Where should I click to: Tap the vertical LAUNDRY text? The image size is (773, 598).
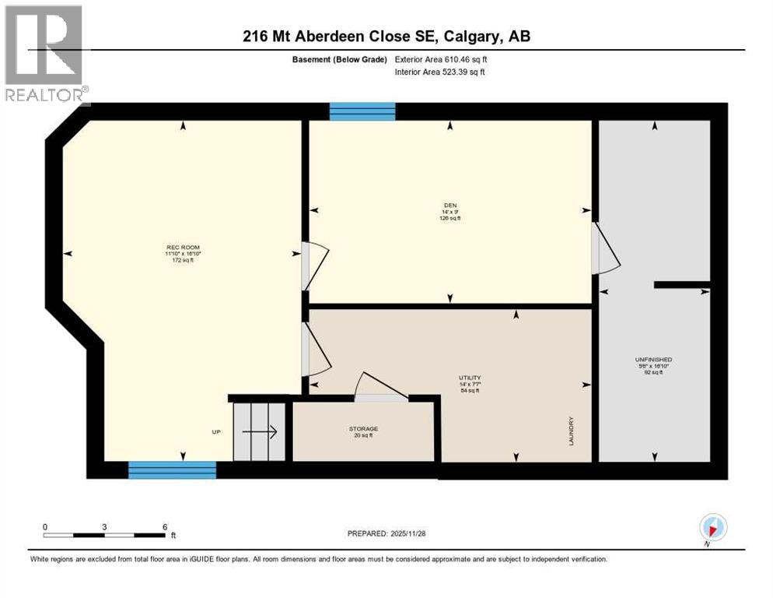[x=571, y=430]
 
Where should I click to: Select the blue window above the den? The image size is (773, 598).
[x=362, y=111]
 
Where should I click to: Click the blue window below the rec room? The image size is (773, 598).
[x=172, y=470]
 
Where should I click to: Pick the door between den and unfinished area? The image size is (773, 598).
[x=603, y=248]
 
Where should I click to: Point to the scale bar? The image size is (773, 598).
[x=105, y=535]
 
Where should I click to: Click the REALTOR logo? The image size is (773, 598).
[x=45, y=55]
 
